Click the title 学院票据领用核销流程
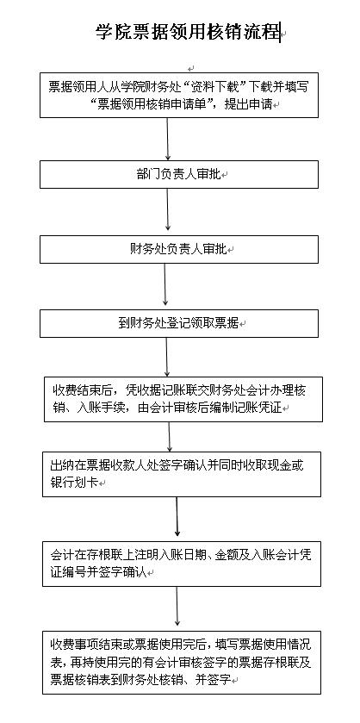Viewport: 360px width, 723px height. (188, 32)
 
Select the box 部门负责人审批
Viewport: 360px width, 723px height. (179, 174)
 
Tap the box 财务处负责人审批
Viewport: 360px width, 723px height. (179, 249)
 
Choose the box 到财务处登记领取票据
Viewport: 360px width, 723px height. (179, 323)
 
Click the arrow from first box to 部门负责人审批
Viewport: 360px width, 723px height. (167, 140)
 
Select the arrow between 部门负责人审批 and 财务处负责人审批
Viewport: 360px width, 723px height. (167, 209)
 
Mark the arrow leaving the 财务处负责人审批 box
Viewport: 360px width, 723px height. (165, 284)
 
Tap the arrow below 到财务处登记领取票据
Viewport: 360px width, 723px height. (167, 357)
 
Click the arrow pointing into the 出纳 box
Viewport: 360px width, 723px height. (169, 437)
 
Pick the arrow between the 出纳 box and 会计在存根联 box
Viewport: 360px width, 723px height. (177, 516)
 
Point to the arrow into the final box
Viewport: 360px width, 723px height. (177, 606)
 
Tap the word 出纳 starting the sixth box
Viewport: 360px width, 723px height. (62, 465)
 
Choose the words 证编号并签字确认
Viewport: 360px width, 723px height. (97, 573)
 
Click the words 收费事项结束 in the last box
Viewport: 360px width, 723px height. (86, 645)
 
